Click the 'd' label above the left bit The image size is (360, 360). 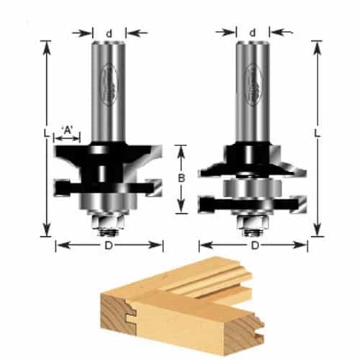tap(109, 32)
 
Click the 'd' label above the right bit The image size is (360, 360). tap(253, 32)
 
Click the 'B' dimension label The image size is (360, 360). tap(182, 178)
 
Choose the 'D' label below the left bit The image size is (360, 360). tap(109, 246)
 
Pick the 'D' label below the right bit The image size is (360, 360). tap(253, 246)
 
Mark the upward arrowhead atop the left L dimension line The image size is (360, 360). tap(47, 45)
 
